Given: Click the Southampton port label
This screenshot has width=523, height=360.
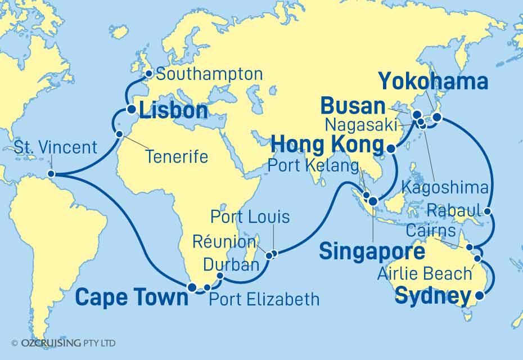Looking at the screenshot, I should (x=209, y=74).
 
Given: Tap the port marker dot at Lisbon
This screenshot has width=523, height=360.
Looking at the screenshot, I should (x=130, y=110).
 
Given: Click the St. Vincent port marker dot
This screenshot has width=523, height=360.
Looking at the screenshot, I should (x=51, y=174).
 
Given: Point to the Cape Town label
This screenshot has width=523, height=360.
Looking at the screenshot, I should (x=132, y=298).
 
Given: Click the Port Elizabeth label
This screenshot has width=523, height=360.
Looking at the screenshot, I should (x=264, y=299).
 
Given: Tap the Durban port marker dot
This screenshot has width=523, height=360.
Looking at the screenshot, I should (x=219, y=276).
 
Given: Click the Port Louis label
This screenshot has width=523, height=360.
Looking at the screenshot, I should (x=250, y=217).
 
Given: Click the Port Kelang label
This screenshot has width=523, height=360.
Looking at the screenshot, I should (x=313, y=167).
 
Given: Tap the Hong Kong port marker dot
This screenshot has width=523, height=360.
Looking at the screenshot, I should (x=391, y=149).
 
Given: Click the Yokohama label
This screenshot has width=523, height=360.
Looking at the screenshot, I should (x=432, y=82).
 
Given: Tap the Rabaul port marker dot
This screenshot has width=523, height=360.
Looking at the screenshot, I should (x=488, y=213).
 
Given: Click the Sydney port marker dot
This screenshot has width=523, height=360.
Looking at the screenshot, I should (x=479, y=295).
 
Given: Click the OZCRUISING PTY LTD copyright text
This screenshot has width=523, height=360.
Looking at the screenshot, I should (x=64, y=343).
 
